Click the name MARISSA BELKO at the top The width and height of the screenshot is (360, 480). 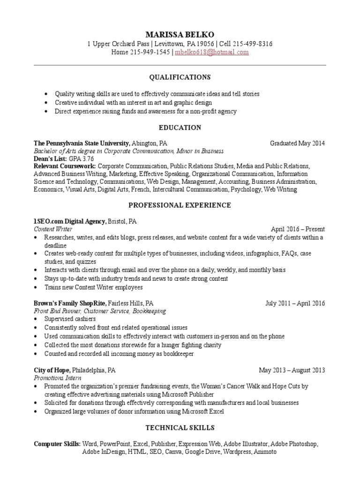[x=180, y=35]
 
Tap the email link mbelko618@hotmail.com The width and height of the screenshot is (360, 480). [x=211, y=52]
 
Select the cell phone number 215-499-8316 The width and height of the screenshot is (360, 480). [x=252, y=44]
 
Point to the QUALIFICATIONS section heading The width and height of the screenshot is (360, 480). [x=180, y=77]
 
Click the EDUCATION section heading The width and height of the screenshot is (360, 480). [x=180, y=127]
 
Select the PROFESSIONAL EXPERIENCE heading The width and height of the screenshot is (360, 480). [x=180, y=205]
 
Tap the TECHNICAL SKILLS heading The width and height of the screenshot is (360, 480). [x=180, y=427]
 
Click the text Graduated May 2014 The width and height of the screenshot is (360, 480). [x=297, y=143]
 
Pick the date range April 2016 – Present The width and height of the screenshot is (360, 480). [x=298, y=229]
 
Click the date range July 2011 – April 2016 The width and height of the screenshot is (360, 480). [x=295, y=303]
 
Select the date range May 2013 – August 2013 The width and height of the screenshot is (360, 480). [x=292, y=370]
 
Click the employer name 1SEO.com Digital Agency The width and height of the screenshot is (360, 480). [x=70, y=221]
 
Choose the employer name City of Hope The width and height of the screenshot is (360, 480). [x=52, y=370]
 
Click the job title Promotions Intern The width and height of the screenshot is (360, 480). [x=58, y=378]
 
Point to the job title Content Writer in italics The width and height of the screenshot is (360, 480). [x=53, y=229]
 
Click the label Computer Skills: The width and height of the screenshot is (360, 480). [x=57, y=444]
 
